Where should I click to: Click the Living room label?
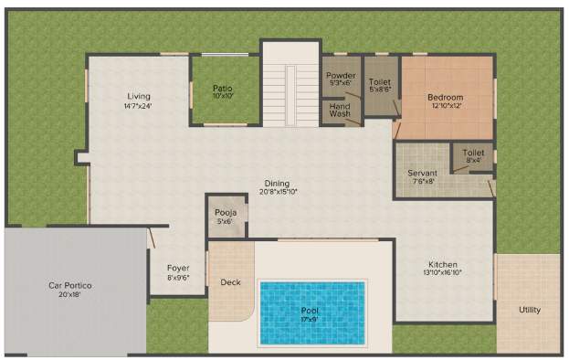click(139, 96)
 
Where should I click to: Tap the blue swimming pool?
click(312, 312)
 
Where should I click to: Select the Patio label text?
click(223, 88)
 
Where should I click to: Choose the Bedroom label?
click(446, 97)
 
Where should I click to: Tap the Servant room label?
click(423, 173)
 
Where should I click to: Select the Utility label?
click(529, 310)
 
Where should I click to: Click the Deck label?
click(231, 282)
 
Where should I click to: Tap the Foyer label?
click(178, 269)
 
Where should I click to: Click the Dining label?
click(278, 183)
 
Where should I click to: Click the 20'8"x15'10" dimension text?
click(278, 192)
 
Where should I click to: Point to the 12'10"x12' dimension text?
click(446, 106)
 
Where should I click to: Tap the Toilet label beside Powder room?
click(380, 81)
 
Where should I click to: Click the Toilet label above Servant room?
click(473, 153)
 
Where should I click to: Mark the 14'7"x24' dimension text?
click(139, 105)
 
